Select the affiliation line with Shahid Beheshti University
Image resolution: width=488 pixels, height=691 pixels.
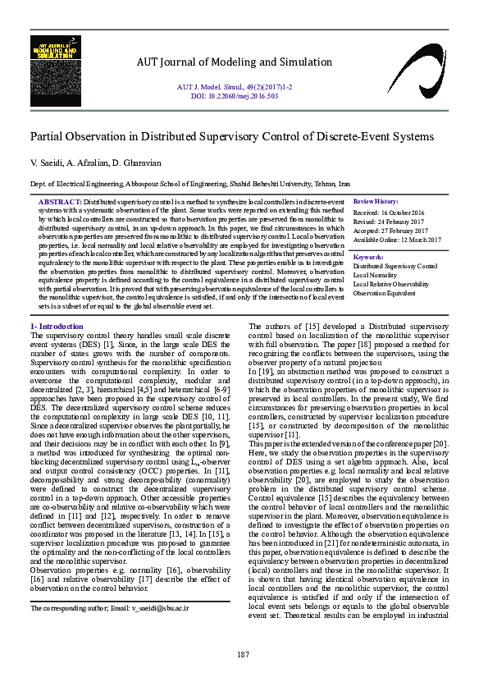[x=190, y=185]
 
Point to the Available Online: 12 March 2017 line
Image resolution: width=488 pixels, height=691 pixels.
[x=397, y=240]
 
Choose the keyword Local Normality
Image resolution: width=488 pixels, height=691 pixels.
[x=375, y=276]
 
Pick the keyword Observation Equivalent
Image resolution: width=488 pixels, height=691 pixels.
[x=384, y=293]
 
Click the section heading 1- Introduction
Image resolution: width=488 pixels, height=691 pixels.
[x=57, y=327]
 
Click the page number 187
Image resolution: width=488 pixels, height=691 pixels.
[x=243, y=654]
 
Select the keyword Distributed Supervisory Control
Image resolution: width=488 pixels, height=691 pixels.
[x=395, y=267]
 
